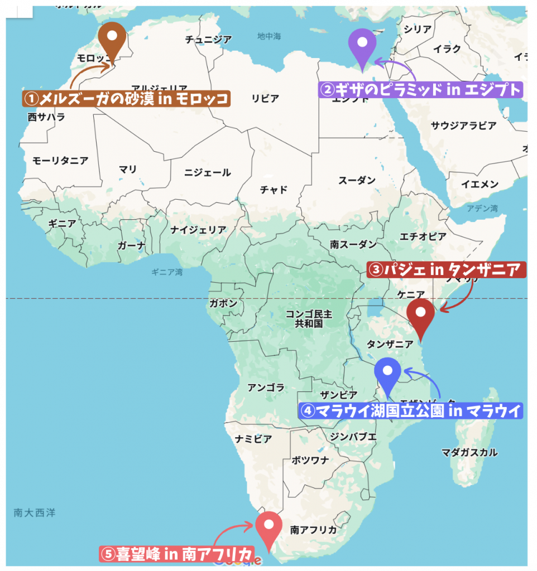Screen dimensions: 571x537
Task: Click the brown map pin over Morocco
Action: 112,38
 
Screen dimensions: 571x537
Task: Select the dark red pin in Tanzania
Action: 420,315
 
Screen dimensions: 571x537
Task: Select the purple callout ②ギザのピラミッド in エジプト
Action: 420,89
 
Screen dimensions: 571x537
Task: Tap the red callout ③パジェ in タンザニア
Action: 446,270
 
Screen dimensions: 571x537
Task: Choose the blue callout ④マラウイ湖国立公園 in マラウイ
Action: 411,411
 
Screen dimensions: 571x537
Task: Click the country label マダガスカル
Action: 469,452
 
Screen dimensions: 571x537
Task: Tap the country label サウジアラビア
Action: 463,125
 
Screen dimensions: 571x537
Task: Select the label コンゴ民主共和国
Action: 309,318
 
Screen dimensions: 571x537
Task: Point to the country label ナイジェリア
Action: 198,229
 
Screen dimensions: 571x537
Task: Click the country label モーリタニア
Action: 60,161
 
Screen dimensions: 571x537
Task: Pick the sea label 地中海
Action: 269,37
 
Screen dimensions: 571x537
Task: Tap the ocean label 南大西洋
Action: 35,512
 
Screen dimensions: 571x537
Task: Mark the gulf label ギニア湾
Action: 167,273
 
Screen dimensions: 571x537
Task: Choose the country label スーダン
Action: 357,181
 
